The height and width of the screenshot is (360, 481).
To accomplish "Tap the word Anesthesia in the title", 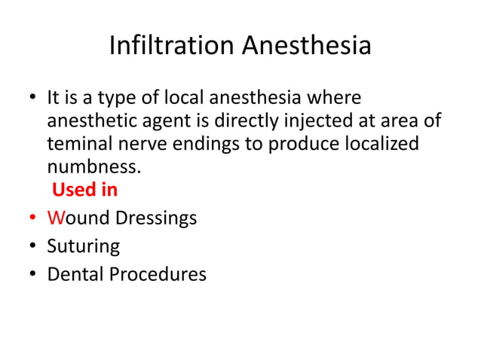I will pos(307,45).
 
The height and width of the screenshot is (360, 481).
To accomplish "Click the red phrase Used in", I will pos(84,189).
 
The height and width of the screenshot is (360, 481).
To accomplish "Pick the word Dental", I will pos(75,274).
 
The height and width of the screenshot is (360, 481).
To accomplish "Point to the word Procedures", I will pos(158,274).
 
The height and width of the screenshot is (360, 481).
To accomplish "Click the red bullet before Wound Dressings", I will pos(33,218).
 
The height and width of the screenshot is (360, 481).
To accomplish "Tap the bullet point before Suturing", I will pos(33,246).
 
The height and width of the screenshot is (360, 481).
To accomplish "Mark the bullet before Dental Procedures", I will pos(33,274).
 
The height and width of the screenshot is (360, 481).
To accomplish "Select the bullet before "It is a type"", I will pos(33,99).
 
